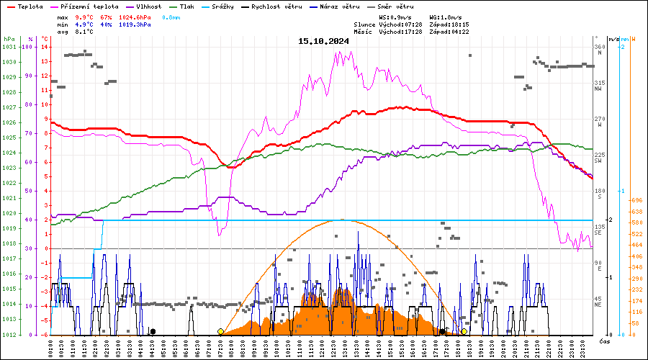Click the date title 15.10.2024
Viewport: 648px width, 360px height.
(x=323, y=41)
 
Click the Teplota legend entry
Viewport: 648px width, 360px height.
(x=29, y=6)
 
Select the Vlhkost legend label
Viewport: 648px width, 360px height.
(x=148, y=6)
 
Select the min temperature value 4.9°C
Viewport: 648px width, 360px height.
(x=86, y=24)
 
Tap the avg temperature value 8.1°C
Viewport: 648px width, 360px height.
(x=84, y=32)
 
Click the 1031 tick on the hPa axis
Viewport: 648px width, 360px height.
(x=9, y=47)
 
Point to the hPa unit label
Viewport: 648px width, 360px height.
(x=9, y=39)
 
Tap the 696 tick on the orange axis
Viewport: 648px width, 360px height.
(x=636, y=200)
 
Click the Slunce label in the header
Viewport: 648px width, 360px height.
(x=365, y=24)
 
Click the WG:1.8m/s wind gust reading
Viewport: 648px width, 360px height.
(x=445, y=17)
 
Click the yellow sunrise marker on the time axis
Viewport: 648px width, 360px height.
(x=220, y=331)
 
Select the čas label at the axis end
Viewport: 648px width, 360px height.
(x=604, y=341)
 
